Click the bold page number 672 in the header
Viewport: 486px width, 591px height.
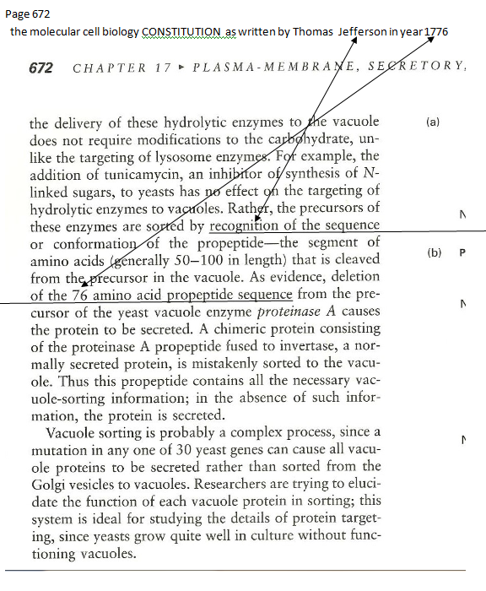(42, 68)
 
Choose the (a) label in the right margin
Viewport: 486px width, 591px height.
(432, 122)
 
